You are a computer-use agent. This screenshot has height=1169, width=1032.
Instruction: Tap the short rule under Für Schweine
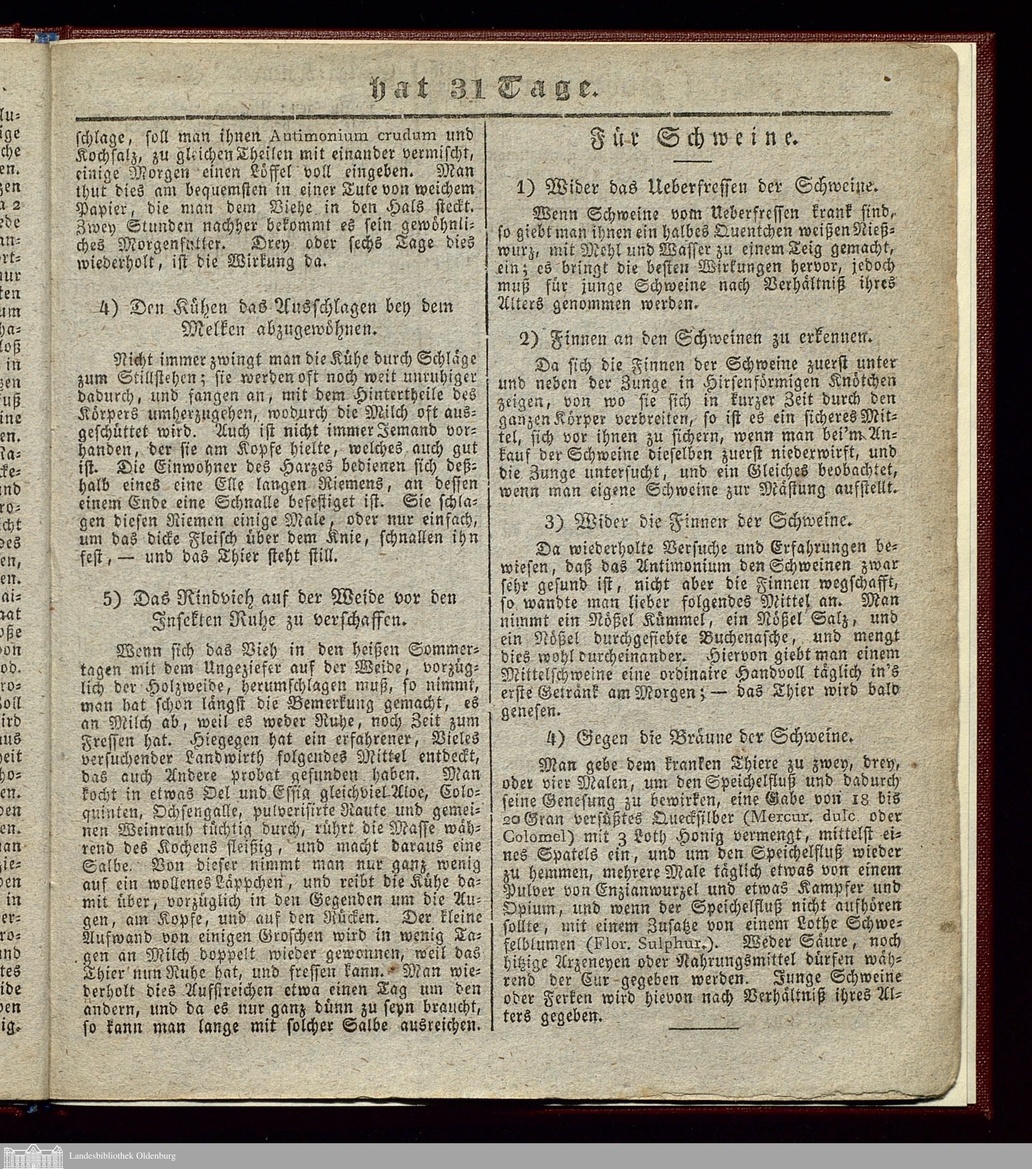pyautogui.click(x=693, y=162)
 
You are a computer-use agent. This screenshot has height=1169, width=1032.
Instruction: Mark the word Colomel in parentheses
pyautogui.click(x=529, y=836)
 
